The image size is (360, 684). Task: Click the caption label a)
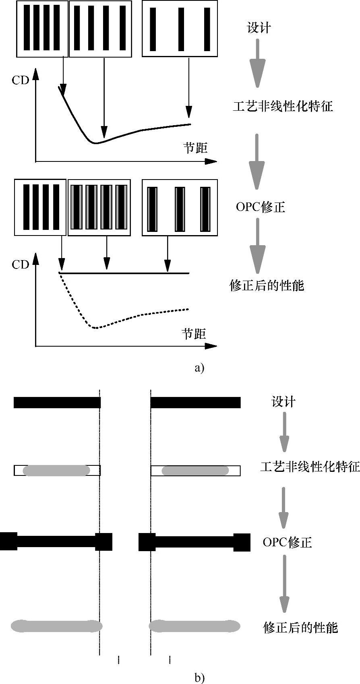coord(199,368)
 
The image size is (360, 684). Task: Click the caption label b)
coord(199,678)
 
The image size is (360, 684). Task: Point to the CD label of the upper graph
coord(21,81)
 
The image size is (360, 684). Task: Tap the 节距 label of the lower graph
coord(194,334)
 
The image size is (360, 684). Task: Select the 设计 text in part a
coord(259,28)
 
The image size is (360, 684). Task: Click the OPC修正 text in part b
coord(287,542)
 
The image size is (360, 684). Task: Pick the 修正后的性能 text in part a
coord(267,285)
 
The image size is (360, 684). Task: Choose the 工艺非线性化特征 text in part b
coord(310,467)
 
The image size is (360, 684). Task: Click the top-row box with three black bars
coord(180,29)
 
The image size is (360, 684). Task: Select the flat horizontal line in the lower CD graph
coord(125,273)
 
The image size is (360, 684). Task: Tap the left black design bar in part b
coord(57,403)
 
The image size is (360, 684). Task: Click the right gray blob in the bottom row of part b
coord(194,626)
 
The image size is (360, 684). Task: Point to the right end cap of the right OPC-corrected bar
coord(242,542)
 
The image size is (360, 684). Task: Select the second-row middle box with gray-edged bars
coord(99,207)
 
